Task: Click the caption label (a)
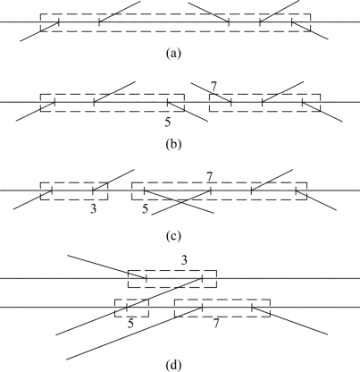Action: coord(173,54)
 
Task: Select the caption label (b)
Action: coord(173,144)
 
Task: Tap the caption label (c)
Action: coord(173,236)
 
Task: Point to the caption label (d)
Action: coord(173,365)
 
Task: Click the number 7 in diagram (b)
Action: coord(213,87)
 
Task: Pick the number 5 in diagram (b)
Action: coord(168,123)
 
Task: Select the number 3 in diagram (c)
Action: coord(93,209)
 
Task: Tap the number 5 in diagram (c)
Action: coord(145,209)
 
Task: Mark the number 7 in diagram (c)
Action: coord(210,177)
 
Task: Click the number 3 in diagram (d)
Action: coord(184,260)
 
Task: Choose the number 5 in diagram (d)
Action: coord(130,324)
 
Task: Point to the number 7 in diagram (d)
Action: coord(216,324)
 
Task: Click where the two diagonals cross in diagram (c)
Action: coord(181,203)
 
